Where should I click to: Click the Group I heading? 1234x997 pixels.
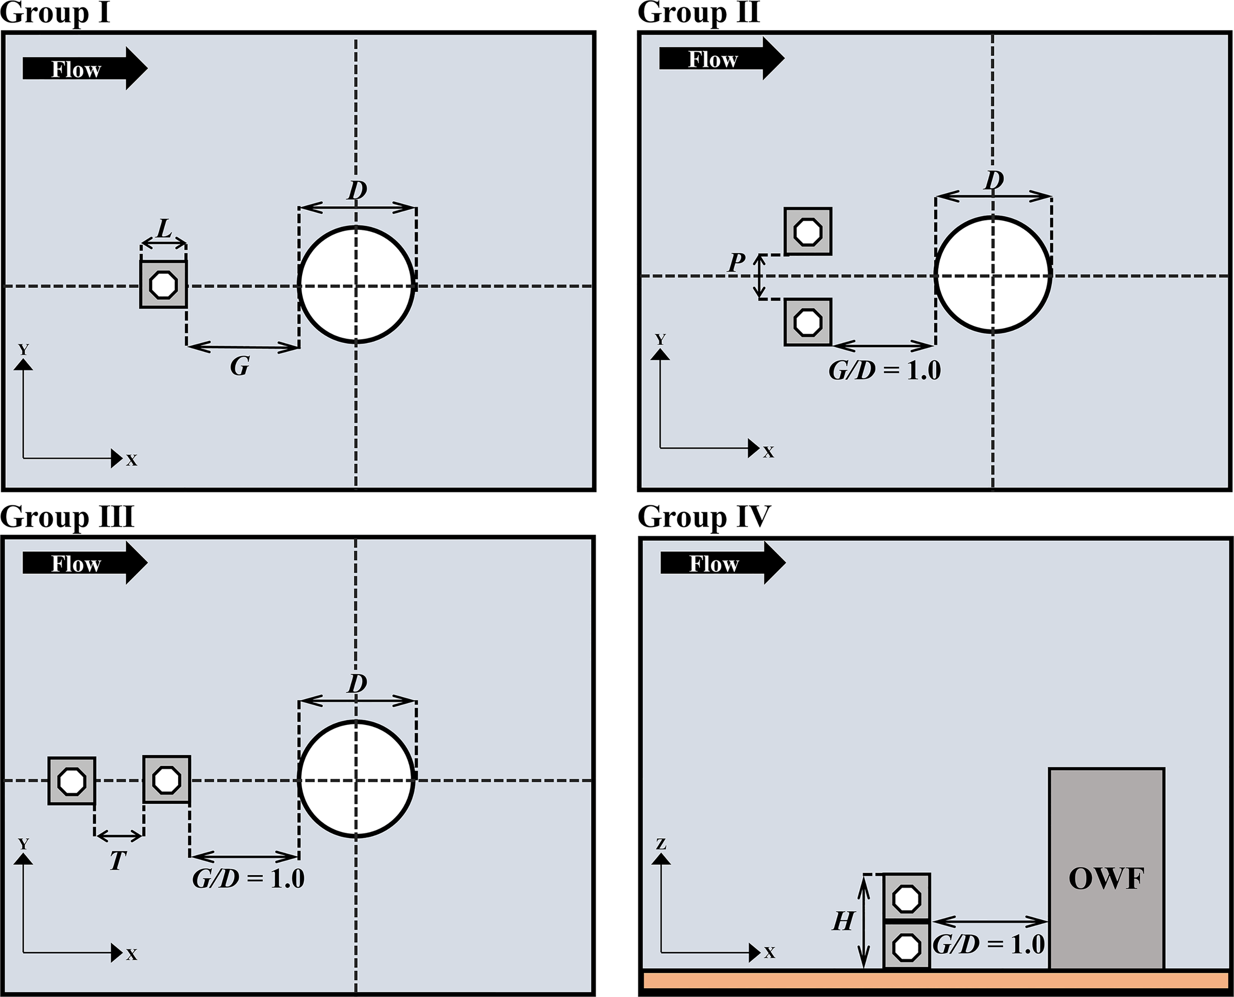point(55,13)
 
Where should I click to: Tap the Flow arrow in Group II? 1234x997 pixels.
point(721,59)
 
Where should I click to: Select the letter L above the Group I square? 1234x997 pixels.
point(164,229)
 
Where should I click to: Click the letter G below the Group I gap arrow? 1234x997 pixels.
point(240,366)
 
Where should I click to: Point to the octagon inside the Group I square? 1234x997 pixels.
point(164,284)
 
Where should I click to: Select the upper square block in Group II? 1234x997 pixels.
point(808,231)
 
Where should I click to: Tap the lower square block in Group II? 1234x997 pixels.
point(808,322)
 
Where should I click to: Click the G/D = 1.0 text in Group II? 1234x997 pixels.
point(885,371)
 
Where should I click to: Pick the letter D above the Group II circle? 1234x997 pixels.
point(994,181)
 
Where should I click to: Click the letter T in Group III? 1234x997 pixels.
point(117,860)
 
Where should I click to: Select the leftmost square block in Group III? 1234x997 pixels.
point(72,781)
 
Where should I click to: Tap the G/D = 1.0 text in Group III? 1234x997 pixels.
point(248,879)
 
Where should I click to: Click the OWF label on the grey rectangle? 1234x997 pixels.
point(1107,879)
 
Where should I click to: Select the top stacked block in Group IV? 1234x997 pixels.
point(907,898)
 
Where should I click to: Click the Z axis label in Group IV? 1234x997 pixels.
point(661,844)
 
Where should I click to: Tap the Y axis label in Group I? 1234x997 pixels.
point(23,349)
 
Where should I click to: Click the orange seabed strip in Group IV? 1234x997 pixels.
point(936,980)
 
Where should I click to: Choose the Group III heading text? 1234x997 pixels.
point(67,517)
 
